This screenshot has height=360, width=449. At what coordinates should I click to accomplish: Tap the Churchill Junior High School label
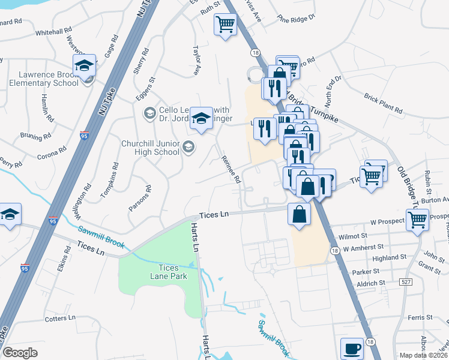(x=151, y=148)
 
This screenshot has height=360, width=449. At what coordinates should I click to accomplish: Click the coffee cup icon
(x=352, y=348)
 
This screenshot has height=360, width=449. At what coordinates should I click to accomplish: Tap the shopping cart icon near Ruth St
(x=225, y=25)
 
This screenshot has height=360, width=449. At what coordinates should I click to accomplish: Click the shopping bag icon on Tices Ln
(x=299, y=214)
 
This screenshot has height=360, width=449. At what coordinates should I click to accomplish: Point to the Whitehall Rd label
(x=53, y=32)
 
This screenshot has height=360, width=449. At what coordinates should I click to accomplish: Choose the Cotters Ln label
(x=60, y=318)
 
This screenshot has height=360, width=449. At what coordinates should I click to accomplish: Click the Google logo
(x=20, y=353)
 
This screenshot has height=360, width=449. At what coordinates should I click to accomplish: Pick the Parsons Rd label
(x=139, y=198)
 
